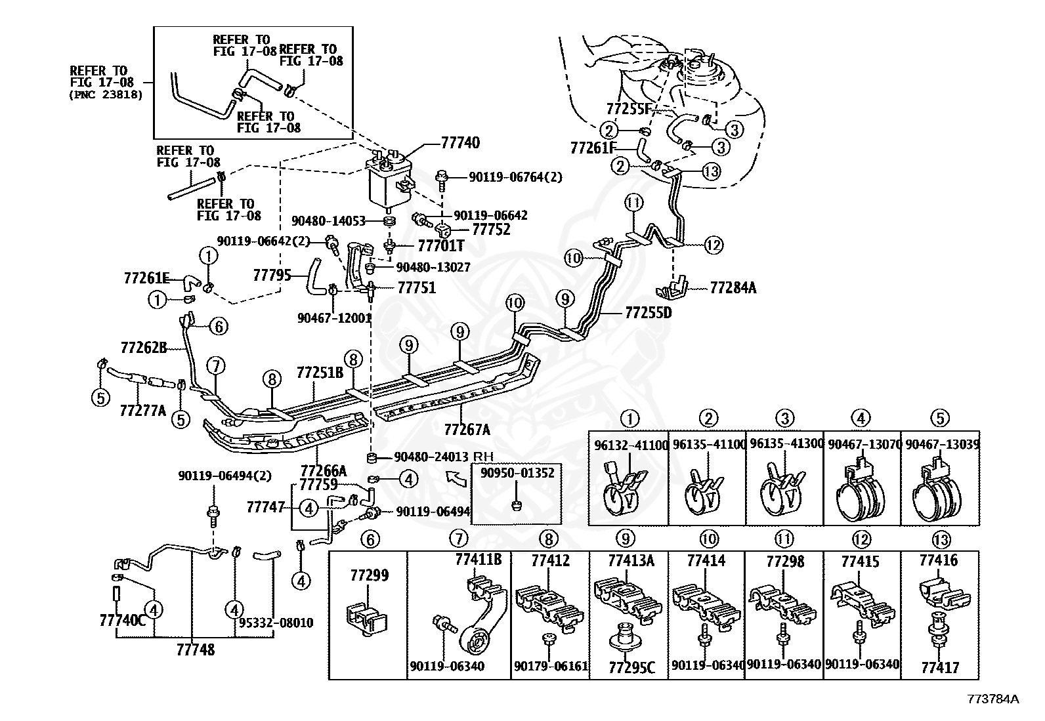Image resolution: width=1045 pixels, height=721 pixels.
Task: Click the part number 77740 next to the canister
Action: (460, 143)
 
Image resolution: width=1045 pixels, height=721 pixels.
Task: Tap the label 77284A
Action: (733, 288)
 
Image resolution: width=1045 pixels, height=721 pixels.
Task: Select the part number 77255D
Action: (649, 312)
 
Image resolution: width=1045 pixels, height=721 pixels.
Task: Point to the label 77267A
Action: (467, 429)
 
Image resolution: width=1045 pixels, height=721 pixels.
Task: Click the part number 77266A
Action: (324, 470)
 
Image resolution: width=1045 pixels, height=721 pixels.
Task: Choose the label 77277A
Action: (142, 411)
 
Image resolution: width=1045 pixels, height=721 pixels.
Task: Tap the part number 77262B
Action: (144, 348)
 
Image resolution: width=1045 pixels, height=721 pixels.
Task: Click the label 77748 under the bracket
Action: (196, 649)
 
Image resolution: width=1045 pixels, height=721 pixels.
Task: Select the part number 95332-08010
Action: (276, 623)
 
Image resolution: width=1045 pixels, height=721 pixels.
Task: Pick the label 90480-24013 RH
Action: (443, 457)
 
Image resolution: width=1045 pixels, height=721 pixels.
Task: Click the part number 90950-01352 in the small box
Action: (517, 473)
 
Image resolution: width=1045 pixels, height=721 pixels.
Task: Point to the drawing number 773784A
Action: (992, 699)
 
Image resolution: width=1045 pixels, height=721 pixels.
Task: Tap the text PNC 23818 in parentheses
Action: (106, 95)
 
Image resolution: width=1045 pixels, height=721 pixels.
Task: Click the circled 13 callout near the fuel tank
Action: (711, 171)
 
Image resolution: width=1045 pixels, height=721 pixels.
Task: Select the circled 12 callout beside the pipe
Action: (714, 245)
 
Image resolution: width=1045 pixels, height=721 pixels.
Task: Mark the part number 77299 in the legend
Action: (370, 575)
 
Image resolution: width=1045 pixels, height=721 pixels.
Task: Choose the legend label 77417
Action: (940, 667)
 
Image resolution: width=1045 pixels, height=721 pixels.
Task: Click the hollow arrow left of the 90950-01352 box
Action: (456, 478)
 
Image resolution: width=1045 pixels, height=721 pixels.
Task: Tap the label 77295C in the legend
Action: (631, 668)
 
